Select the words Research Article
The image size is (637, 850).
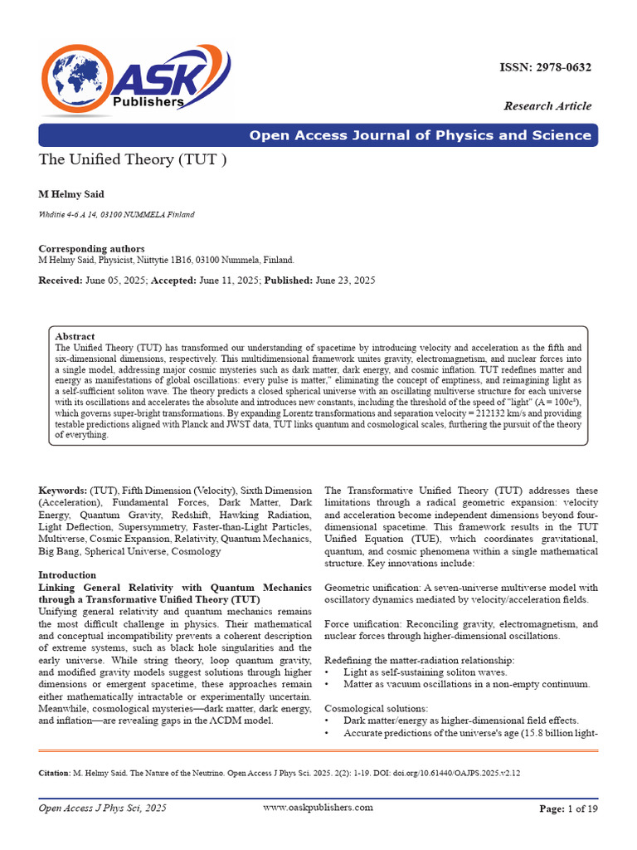pyautogui.click(x=547, y=105)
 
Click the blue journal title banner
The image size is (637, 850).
pyautogui.click(x=318, y=135)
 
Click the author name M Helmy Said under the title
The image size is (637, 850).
pyautogui.click(x=71, y=193)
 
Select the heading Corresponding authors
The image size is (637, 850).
pyautogui.click(x=91, y=248)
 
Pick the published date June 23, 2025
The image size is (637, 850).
pyautogui.click(x=345, y=281)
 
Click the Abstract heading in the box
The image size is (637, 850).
pyautogui.click(x=75, y=336)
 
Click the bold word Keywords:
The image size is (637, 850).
pyautogui.click(x=63, y=491)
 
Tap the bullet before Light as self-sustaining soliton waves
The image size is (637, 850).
pyautogui.click(x=328, y=671)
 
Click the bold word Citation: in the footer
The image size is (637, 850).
pyautogui.click(x=55, y=773)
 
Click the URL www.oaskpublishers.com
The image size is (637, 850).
pyautogui.click(x=318, y=807)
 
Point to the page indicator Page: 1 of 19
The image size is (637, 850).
pyautogui.click(x=568, y=808)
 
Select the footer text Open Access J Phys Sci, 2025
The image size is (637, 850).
pyautogui.click(x=103, y=808)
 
